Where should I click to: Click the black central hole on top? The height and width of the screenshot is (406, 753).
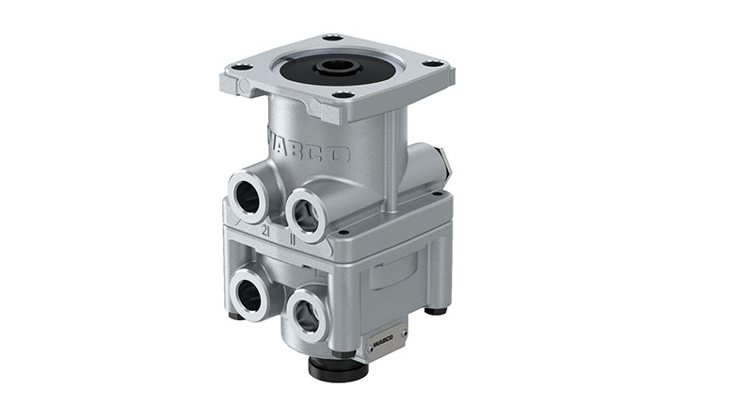click(336, 67)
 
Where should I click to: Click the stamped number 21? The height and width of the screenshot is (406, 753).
click(266, 229)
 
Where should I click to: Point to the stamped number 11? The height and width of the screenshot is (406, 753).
click(294, 238)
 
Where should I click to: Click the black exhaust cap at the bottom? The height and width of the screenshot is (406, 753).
click(338, 367)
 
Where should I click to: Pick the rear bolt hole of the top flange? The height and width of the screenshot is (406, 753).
click(330, 38)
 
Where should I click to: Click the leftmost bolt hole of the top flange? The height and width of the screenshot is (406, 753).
click(242, 67)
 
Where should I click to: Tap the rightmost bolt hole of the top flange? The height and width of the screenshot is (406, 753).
click(435, 64)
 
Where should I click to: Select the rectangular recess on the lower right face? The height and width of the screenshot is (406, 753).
click(391, 273)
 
